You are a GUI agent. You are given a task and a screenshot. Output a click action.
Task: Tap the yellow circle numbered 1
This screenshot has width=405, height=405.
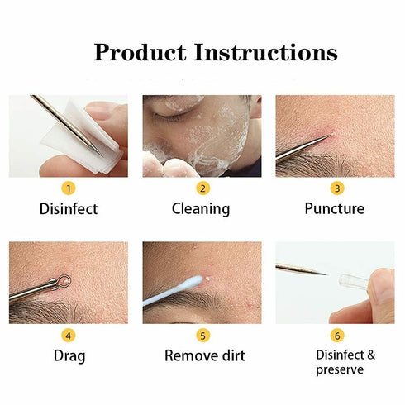[68, 188]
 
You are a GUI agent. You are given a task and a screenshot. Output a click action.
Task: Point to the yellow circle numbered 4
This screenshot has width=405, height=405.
[68, 335]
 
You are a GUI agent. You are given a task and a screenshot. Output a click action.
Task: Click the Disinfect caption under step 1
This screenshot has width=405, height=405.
[68, 208]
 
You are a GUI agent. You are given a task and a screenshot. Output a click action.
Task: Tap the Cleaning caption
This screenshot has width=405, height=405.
[201, 208]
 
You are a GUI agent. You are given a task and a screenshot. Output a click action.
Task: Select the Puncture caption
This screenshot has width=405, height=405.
[334, 208]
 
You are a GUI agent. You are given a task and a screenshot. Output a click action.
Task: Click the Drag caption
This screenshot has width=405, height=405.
[68, 356]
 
